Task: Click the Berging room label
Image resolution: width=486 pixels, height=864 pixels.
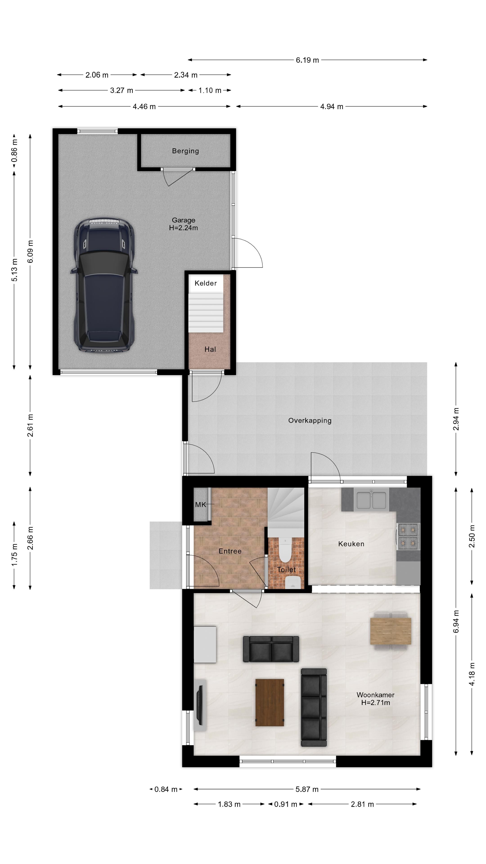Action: [x=185, y=151]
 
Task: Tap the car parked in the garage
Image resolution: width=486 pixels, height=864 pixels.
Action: [x=104, y=284]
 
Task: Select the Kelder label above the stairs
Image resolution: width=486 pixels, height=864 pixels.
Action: [x=206, y=283]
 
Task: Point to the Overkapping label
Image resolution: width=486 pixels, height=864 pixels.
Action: [x=310, y=421]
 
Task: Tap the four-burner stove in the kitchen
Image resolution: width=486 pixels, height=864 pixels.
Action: [x=408, y=536]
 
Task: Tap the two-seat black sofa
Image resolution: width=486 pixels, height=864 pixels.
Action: [x=271, y=649]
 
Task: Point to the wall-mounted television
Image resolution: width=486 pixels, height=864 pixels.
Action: [x=200, y=705]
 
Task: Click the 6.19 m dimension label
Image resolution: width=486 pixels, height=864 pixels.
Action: [x=307, y=60]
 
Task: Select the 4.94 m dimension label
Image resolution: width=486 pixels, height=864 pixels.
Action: [x=331, y=107]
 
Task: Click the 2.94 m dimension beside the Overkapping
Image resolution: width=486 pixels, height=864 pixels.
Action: [x=456, y=419]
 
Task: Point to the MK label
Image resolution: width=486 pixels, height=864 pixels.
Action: [x=200, y=504]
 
